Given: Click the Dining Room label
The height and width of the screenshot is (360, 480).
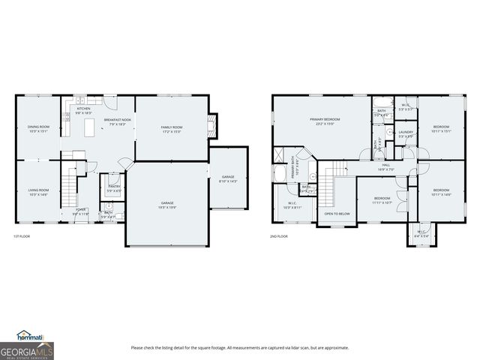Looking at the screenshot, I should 38,129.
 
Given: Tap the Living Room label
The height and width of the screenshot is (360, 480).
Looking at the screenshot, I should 38,192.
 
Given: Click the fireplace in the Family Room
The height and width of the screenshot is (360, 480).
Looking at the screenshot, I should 211,126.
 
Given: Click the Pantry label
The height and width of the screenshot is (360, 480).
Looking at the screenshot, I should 115,188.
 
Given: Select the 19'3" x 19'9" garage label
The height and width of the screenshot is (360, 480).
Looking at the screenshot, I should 167,205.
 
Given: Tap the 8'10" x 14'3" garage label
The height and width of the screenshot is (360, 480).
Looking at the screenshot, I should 227,178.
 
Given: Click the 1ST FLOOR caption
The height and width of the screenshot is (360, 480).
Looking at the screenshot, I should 21,237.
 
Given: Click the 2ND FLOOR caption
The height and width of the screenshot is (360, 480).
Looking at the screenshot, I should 278,237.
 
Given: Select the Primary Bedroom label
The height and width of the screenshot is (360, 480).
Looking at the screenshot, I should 325,121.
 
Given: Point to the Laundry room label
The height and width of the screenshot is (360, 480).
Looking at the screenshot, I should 406,134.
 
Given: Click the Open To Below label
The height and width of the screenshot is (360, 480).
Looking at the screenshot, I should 337,214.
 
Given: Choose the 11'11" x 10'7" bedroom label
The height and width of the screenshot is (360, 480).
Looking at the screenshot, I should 382,200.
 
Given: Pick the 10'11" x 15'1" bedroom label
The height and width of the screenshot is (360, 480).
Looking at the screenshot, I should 441,129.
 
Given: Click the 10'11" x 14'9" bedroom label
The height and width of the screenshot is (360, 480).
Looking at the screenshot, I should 441,192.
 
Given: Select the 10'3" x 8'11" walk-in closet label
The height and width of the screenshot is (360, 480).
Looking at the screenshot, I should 291,205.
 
